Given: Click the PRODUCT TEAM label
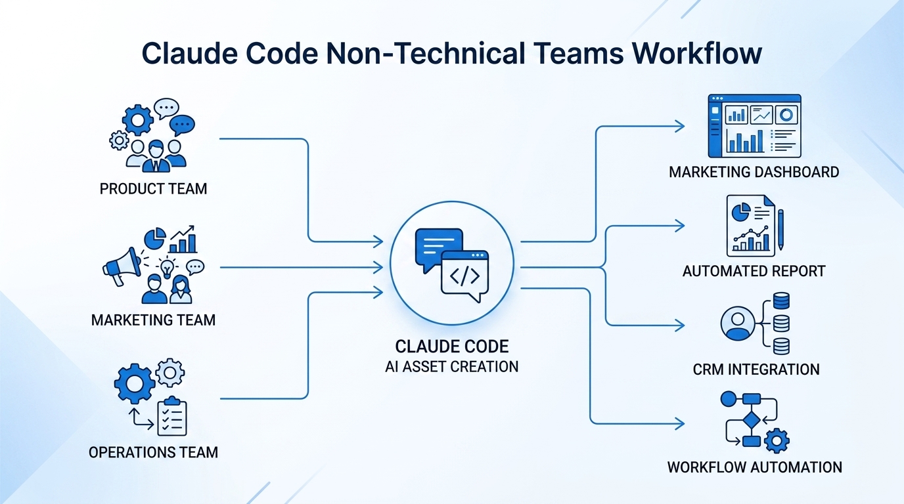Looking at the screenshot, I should pyautogui.click(x=153, y=189).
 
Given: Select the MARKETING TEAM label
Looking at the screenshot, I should pyautogui.click(x=153, y=320).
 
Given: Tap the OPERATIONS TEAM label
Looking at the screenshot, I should pyautogui.click(x=153, y=452).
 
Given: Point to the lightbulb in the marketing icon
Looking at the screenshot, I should pyautogui.click(x=168, y=268).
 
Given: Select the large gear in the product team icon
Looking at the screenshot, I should pyautogui.click(x=138, y=120).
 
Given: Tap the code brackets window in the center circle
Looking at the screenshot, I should pyautogui.click(x=464, y=276).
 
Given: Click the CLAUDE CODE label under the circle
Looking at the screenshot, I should pyautogui.click(x=452, y=346).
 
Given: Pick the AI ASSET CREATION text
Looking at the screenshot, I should pyautogui.click(x=452, y=366).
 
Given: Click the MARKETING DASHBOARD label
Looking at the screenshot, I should pyautogui.click(x=754, y=172).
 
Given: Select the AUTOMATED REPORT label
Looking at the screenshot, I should pyautogui.click(x=754, y=270).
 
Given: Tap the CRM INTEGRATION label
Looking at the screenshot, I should pyautogui.click(x=756, y=369).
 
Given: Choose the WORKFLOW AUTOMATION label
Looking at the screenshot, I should pyautogui.click(x=754, y=467).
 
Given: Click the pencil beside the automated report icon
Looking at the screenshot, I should pyautogui.click(x=780, y=229).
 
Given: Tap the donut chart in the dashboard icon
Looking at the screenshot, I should pyautogui.click(x=786, y=115).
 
